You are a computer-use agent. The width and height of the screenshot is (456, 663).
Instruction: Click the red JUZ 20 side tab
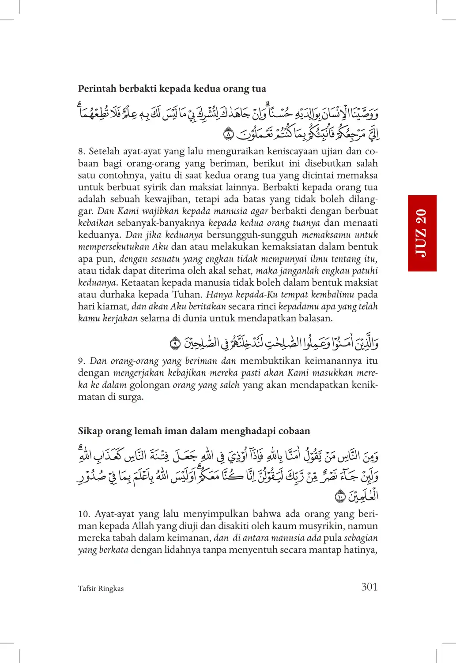click(422, 233)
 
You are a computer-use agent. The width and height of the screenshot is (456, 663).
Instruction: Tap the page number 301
click(369, 587)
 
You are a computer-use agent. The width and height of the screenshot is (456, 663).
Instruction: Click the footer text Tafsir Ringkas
click(101, 589)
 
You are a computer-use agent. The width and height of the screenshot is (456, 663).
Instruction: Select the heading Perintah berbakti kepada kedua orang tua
click(172, 89)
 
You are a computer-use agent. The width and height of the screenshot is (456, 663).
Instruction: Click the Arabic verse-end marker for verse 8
click(228, 133)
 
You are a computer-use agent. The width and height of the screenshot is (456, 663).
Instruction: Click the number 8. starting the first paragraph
click(82, 152)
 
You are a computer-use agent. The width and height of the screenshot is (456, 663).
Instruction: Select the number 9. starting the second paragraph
click(82, 361)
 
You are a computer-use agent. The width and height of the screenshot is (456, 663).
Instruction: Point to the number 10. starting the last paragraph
click(84, 514)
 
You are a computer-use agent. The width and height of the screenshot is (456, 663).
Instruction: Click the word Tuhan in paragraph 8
click(187, 294)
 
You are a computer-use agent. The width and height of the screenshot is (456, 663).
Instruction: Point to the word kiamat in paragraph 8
click(115, 306)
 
